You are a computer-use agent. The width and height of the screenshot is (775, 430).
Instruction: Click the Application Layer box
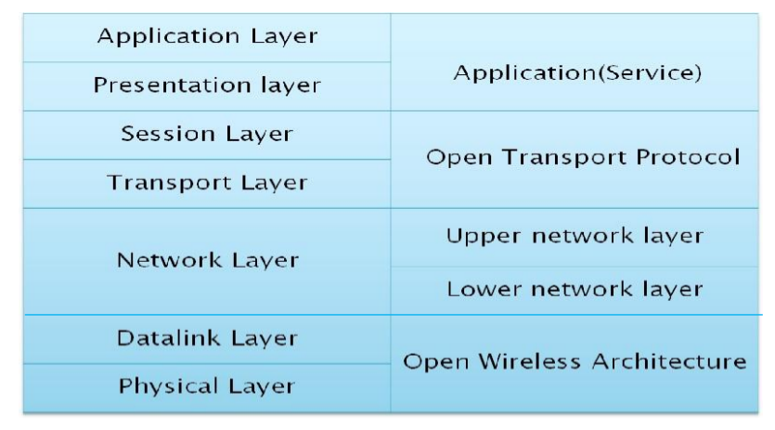point(207,37)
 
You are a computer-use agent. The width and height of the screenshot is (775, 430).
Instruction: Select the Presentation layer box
point(207,86)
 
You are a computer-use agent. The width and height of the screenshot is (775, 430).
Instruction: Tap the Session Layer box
point(207,135)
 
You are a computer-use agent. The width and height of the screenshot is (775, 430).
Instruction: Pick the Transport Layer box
point(207,184)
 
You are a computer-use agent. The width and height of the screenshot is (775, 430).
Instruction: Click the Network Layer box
point(207,261)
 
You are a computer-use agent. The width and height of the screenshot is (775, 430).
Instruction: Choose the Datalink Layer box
point(207,339)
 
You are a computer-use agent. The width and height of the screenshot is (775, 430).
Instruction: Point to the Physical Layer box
point(207,388)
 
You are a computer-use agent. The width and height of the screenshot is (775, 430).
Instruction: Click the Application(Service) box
point(575,62)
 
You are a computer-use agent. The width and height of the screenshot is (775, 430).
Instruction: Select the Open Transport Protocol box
point(575,160)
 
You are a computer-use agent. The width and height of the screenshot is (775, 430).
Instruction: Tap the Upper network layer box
point(575,238)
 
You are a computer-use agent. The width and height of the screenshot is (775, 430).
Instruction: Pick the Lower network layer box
point(575,291)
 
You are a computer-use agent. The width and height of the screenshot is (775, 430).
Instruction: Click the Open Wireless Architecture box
point(575,363)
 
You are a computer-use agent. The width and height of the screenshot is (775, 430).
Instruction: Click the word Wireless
point(529,361)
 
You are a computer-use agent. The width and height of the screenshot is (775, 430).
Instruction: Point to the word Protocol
point(688,157)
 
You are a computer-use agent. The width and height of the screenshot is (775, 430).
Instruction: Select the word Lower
point(484,289)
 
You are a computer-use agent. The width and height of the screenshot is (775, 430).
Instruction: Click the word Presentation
point(172,85)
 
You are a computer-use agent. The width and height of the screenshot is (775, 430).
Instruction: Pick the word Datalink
point(168,338)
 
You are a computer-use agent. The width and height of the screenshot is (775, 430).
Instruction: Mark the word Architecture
point(669,361)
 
